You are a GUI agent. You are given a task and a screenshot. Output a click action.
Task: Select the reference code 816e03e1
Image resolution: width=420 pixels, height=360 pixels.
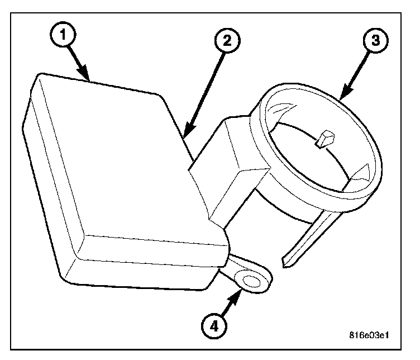[x=367, y=337]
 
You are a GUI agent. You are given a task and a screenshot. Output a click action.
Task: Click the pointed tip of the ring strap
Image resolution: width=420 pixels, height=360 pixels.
[x=287, y=262]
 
